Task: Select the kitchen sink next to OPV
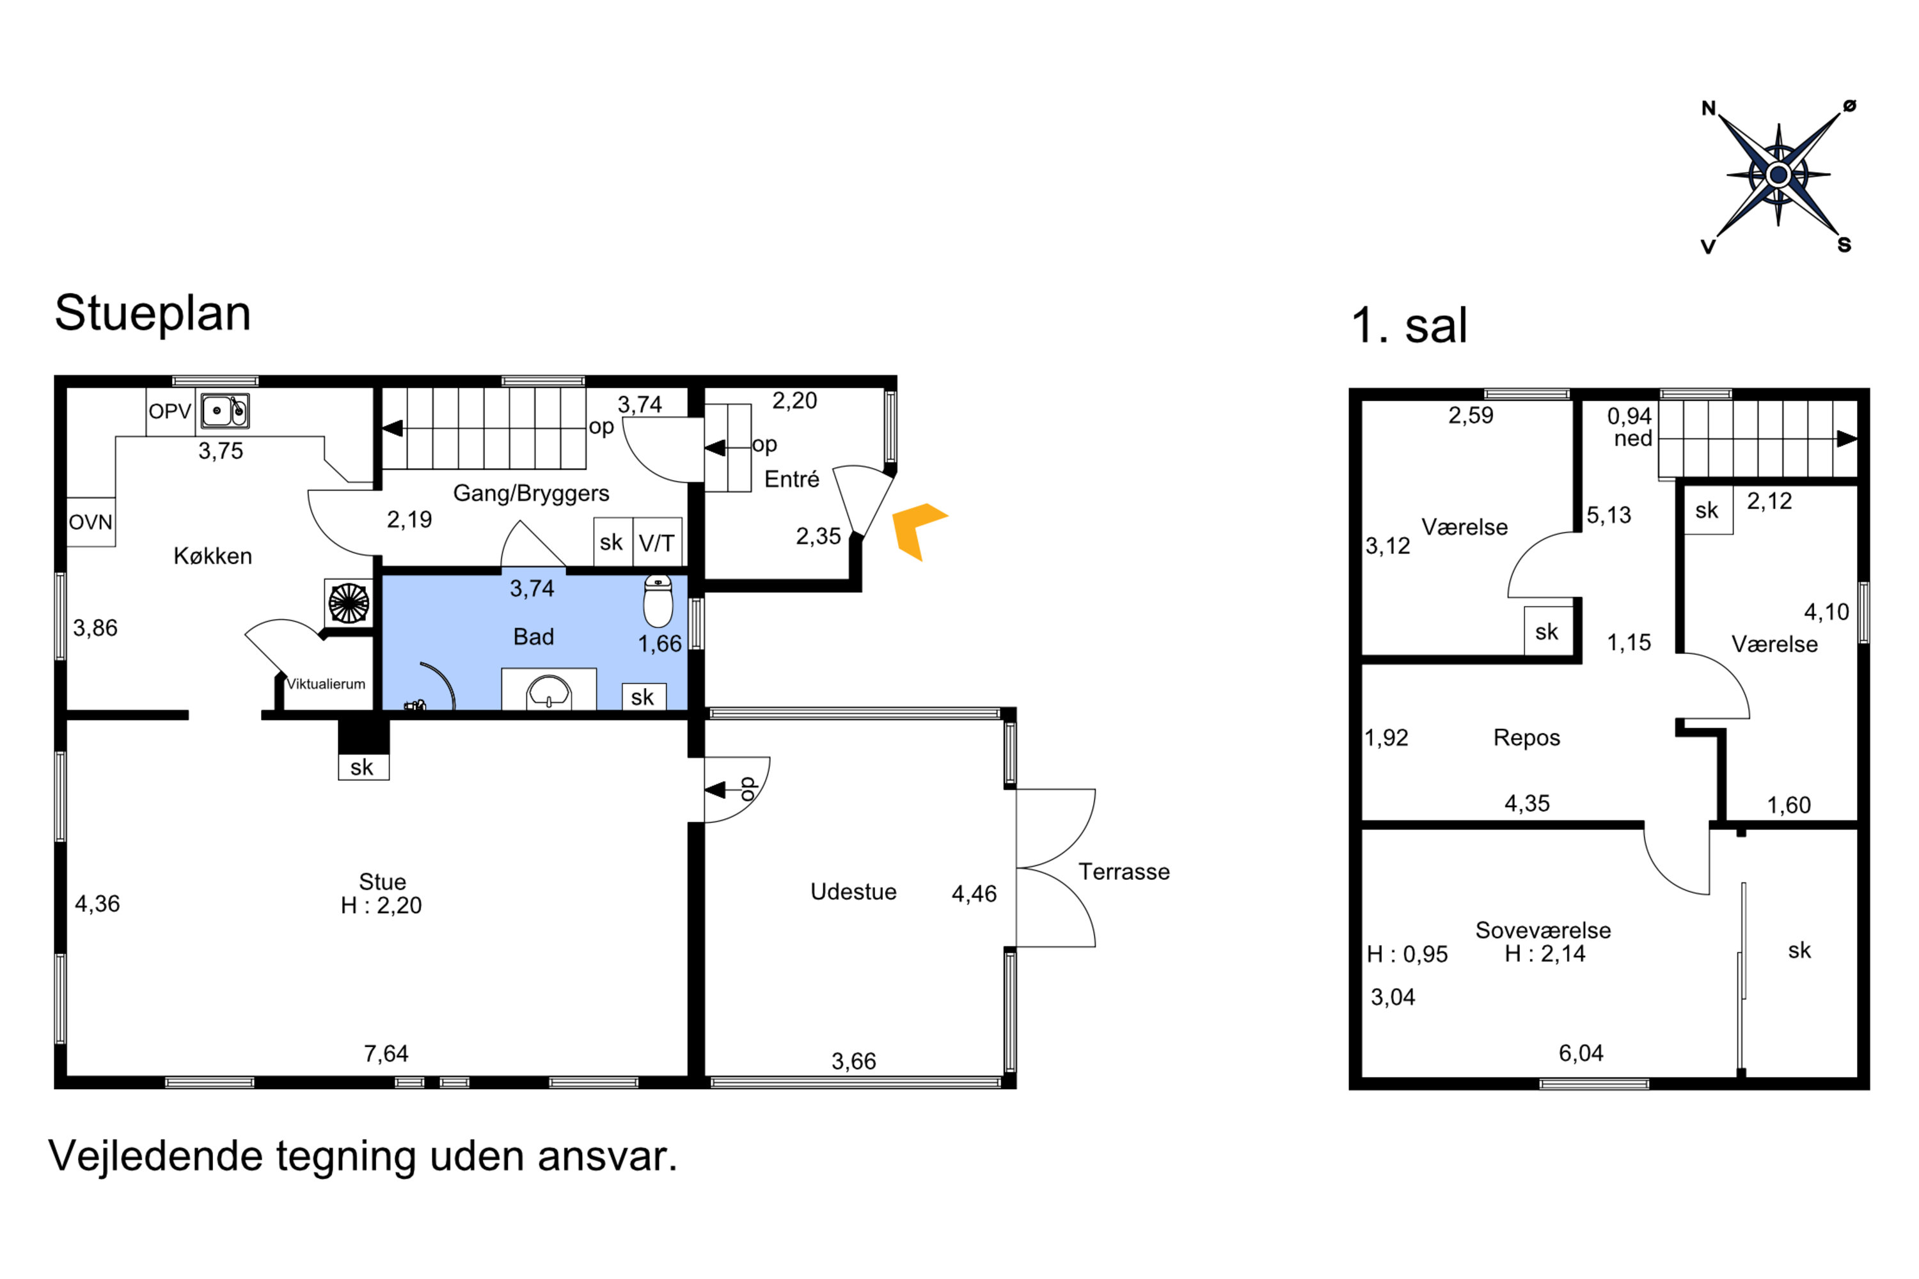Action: pyautogui.click(x=225, y=411)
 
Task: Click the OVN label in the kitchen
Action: pyautogui.click(x=91, y=522)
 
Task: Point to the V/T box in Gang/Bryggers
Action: pyautogui.click(x=657, y=542)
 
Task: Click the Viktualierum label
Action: pyautogui.click(x=326, y=684)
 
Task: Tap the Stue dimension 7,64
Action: pyautogui.click(x=386, y=1054)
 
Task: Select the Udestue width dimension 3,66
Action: pyautogui.click(x=853, y=1061)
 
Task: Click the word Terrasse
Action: pyautogui.click(x=1125, y=872)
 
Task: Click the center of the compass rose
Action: pyautogui.click(x=1779, y=175)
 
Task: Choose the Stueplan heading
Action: pyautogui.click(x=153, y=314)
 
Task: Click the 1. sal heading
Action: pyautogui.click(x=1409, y=326)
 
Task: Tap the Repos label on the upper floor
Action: pyautogui.click(x=1526, y=737)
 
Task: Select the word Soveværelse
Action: pyautogui.click(x=1543, y=930)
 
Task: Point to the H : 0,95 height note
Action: pyautogui.click(x=1407, y=954)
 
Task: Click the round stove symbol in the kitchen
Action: pyautogui.click(x=349, y=604)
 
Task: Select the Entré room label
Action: pyautogui.click(x=791, y=480)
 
